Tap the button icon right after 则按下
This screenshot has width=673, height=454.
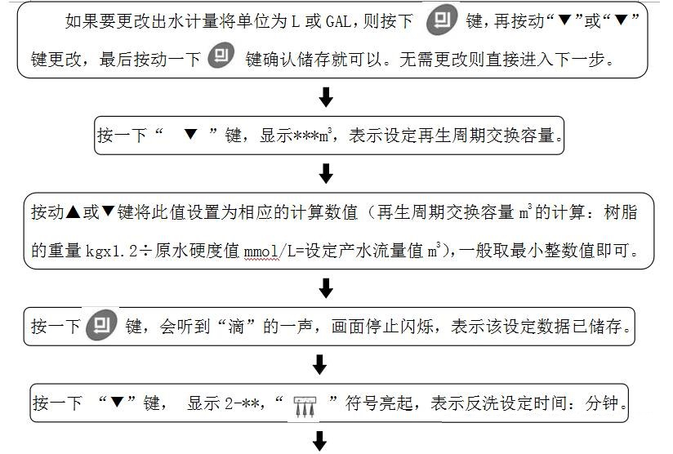pyautogui.click(x=442, y=21)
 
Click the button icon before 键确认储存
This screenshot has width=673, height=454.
pyautogui.click(x=220, y=58)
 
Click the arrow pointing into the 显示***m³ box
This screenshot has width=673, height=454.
pyautogui.click(x=326, y=99)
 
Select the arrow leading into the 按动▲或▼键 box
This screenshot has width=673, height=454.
pyautogui.click(x=326, y=174)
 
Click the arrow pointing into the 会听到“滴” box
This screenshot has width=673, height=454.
pyautogui.click(x=326, y=288)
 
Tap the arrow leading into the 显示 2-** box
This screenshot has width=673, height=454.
pyautogui.click(x=320, y=364)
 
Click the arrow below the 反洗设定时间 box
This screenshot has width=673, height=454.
pyautogui.click(x=319, y=442)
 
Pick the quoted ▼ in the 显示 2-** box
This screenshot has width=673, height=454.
pyautogui.click(x=117, y=403)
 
